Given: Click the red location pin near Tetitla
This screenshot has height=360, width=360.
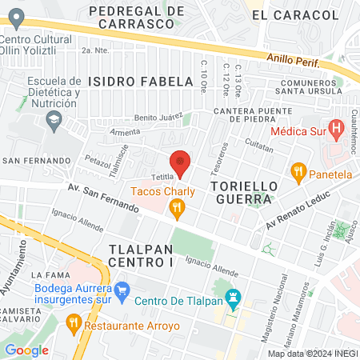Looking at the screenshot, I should (180, 162).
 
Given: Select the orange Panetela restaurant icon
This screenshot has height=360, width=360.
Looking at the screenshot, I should (299, 170).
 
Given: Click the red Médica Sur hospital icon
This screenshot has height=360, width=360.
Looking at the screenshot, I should (337, 126).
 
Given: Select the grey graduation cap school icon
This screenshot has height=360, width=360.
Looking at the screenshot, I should (54, 121).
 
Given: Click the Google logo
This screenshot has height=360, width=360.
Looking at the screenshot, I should (26, 350).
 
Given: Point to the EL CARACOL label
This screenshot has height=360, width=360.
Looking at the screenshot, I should (294, 15).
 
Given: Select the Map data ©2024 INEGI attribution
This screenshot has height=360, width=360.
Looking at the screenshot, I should (313, 354).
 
